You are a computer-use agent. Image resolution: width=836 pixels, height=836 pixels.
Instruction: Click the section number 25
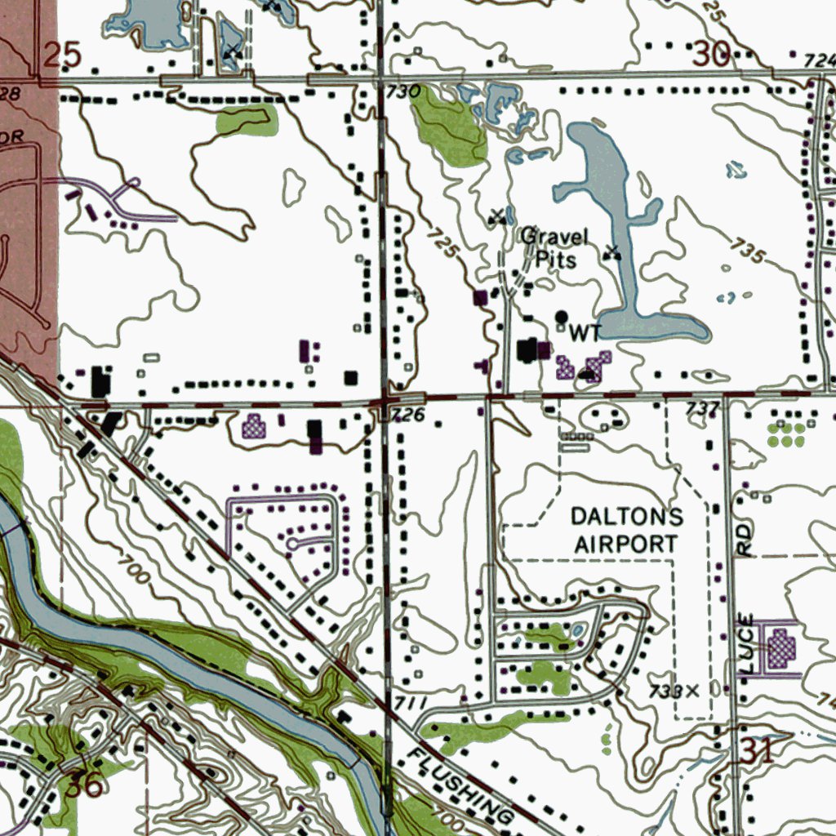(x=63, y=55)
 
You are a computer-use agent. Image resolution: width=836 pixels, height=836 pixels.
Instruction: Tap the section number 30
(x=712, y=54)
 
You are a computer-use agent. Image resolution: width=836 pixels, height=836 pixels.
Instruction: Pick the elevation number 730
(x=402, y=91)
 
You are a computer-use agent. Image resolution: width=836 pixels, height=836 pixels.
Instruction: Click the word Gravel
(x=554, y=238)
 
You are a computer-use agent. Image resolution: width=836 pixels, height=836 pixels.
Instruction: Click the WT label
(x=584, y=332)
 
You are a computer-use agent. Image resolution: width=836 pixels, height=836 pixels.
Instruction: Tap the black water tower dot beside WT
(x=562, y=316)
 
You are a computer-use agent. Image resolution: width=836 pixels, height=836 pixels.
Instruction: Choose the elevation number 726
(x=408, y=416)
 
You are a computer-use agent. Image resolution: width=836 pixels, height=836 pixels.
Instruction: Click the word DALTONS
(x=627, y=516)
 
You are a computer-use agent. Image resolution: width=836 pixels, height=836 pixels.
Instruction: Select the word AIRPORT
(x=626, y=543)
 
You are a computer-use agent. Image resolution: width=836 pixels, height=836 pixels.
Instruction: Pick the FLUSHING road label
(x=461, y=785)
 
